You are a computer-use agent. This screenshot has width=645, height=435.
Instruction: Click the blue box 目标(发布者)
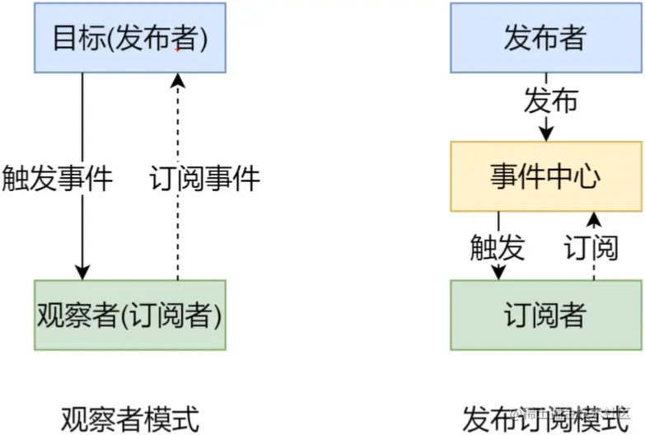pos(129,38)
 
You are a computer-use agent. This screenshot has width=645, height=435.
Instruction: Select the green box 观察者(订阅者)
pos(129,315)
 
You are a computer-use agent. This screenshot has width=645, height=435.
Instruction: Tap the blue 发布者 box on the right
pos(545,38)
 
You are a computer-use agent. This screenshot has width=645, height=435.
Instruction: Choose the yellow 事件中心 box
pos(545,176)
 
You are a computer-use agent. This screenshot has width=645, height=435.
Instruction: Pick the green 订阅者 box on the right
pos(545,315)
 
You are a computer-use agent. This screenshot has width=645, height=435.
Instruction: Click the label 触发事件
pos(57,178)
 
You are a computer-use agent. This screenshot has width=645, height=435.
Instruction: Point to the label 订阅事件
pos(205,178)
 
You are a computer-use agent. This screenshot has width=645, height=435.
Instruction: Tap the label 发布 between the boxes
pos(550,101)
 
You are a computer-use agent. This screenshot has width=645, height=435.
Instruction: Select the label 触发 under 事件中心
pos(497,246)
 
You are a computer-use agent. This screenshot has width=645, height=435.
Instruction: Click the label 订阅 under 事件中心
pos(591,246)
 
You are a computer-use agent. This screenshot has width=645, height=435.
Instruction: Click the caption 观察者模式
pos(129,418)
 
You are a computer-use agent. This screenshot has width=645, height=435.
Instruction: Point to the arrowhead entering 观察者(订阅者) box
pos(81,273)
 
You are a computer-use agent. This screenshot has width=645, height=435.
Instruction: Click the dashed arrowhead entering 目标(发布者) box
pos(177,80)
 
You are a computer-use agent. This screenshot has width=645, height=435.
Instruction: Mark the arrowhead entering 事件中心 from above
pos(545,133)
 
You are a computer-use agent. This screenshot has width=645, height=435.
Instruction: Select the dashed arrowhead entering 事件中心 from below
pos(592,218)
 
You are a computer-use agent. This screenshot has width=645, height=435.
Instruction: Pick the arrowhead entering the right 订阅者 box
pos(498,273)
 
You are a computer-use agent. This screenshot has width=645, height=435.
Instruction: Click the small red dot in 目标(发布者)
pos(177,49)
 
